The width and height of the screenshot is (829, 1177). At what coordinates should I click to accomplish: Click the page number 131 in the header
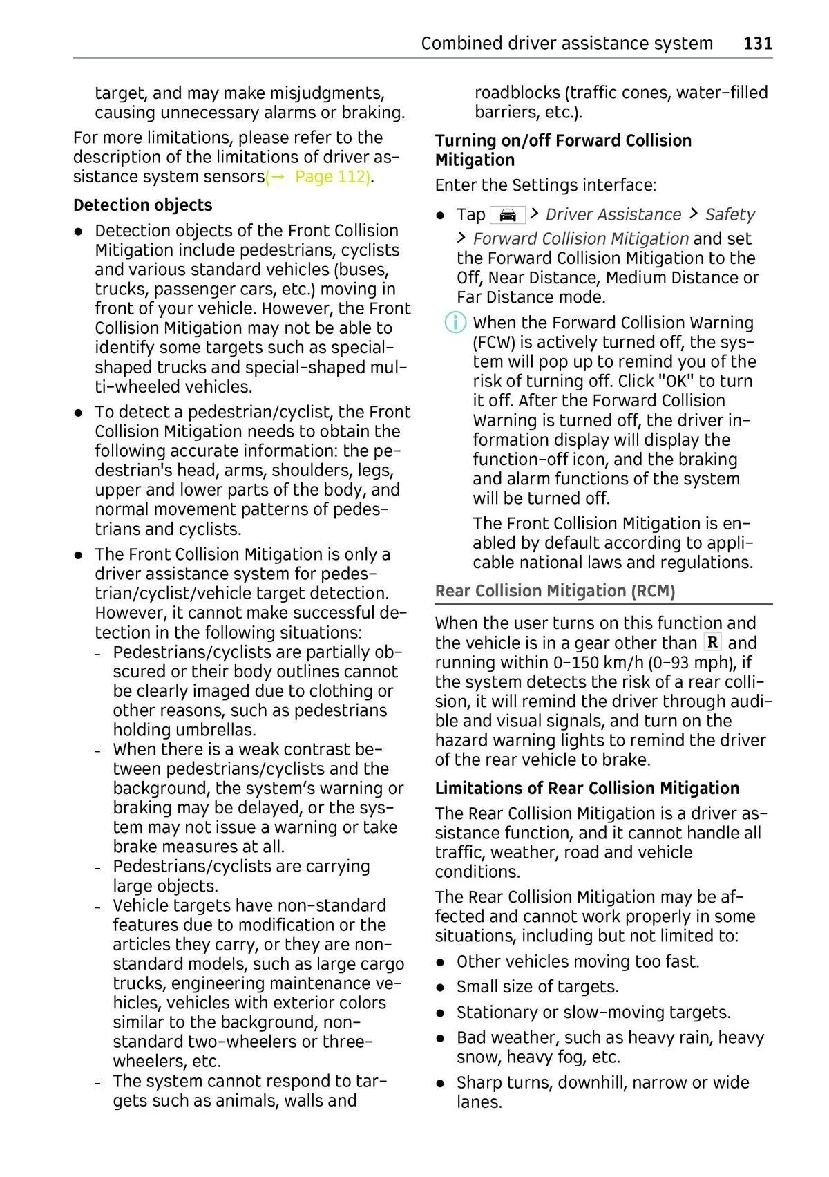click(x=757, y=44)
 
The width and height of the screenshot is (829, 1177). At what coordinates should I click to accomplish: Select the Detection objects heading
click(x=142, y=205)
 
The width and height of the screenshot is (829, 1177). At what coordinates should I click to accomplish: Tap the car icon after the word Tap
click(x=507, y=215)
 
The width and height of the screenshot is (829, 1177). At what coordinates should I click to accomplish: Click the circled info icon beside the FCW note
click(x=455, y=323)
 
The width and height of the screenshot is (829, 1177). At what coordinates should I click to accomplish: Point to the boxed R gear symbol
click(x=712, y=642)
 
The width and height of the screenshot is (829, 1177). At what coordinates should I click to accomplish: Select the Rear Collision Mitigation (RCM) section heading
click(x=555, y=591)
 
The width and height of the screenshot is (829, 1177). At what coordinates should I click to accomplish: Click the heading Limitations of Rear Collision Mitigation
click(x=587, y=788)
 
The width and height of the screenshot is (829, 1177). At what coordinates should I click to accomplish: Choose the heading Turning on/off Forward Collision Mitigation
click(x=562, y=150)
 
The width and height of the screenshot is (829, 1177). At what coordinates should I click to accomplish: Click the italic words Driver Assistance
click(x=613, y=215)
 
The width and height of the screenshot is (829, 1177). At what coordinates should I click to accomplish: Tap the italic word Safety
click(x=730, y=215)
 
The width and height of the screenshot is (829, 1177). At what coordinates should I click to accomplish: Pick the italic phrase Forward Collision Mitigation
click(x=580, y=239)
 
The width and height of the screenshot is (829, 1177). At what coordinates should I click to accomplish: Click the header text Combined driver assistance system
click(x=566, y=44)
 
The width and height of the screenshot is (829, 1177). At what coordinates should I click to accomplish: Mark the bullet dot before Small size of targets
click(x=440, y=988)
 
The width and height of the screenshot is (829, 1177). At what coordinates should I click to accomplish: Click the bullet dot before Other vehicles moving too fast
click(x=440, y=962)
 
